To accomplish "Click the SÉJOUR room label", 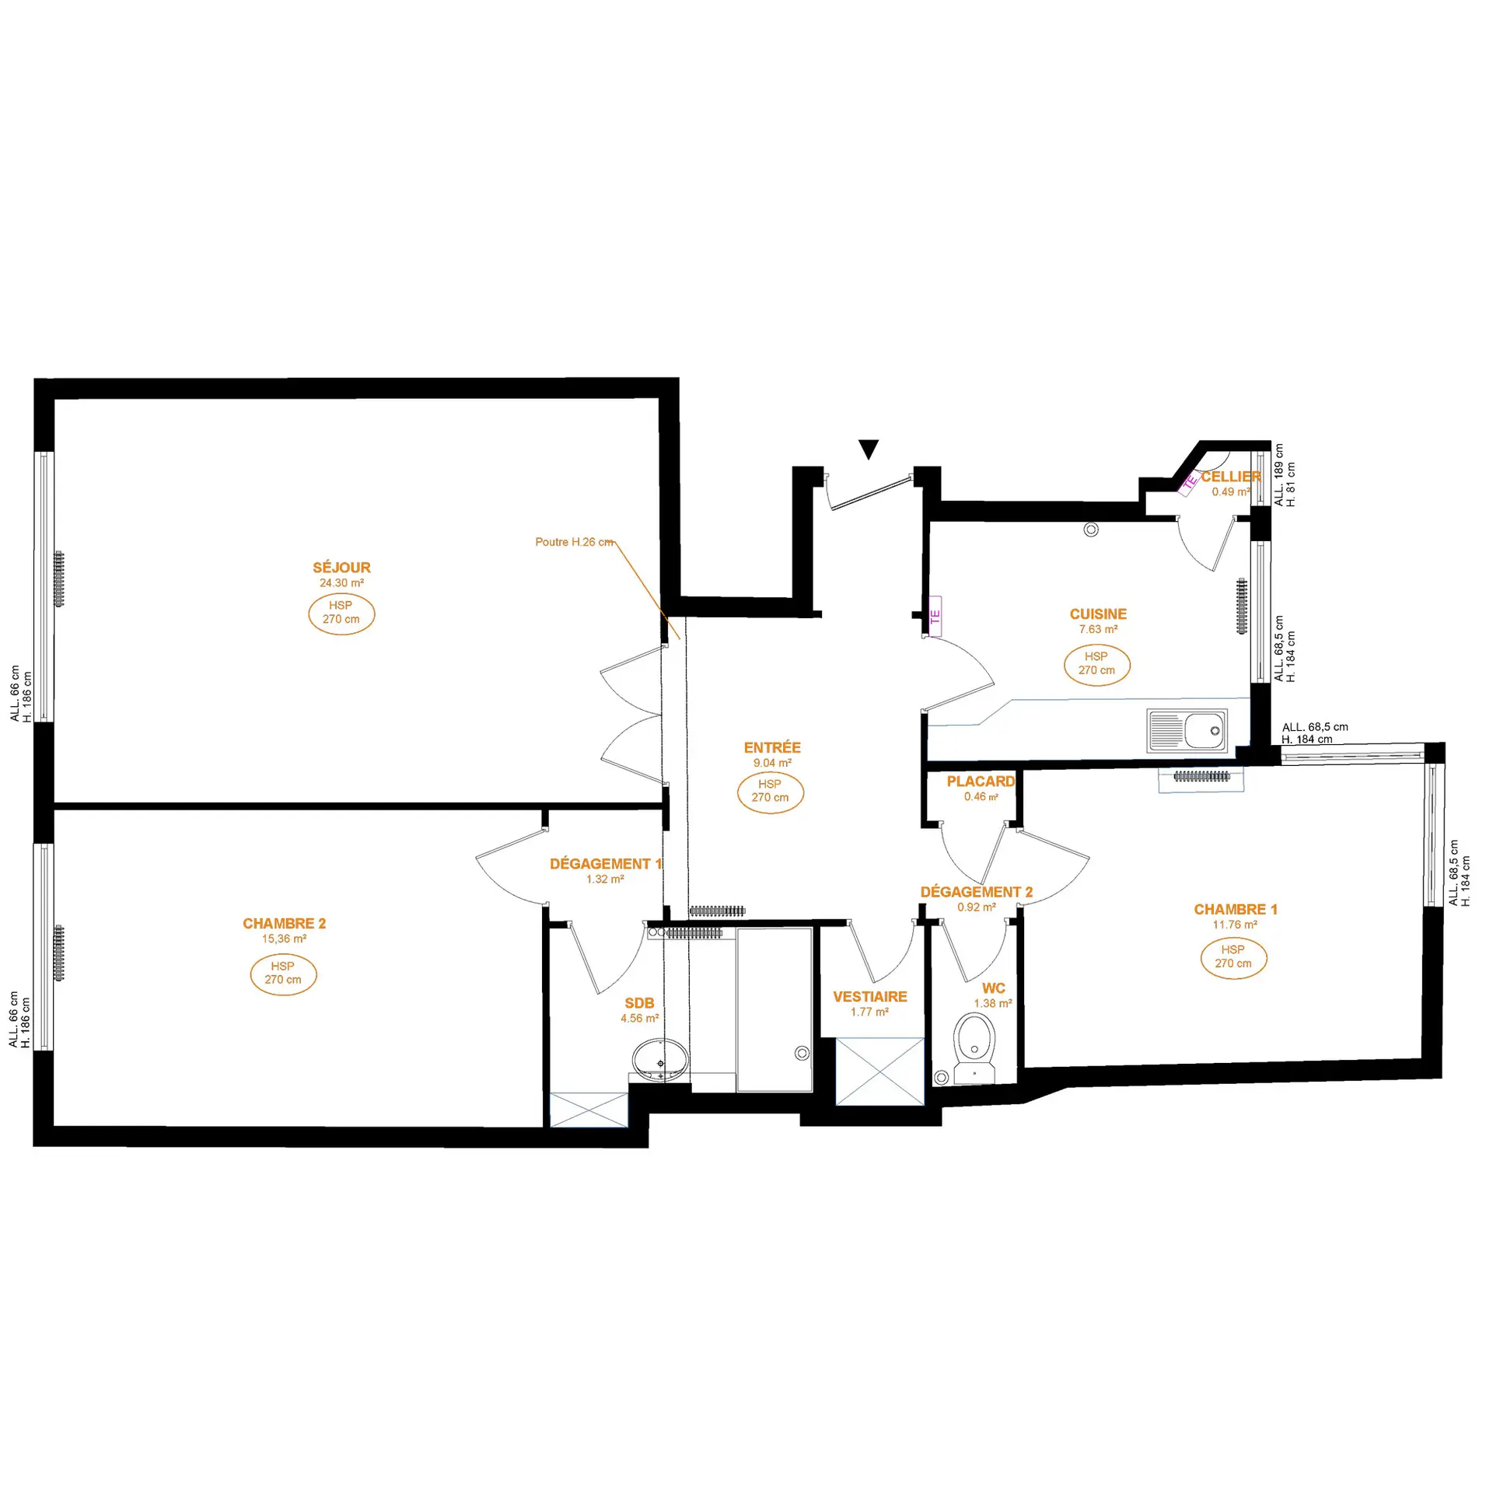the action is (341, 568).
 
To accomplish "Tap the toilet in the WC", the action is (974, 1048).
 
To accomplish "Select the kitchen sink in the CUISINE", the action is (1187, 730).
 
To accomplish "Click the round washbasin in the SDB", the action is (660, 1061).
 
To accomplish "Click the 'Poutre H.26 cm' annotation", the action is (575, 542).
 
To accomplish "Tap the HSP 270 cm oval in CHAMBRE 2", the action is (283, 973).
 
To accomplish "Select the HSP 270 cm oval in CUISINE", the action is (1096, 664).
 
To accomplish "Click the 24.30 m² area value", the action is (341, 583).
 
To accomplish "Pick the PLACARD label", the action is (981, 781).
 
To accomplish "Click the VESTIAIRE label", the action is (870, 997).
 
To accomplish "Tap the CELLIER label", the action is (1231, 477).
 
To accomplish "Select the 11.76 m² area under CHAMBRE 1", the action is (1235, 925).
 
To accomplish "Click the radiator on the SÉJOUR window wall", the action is (59, 579).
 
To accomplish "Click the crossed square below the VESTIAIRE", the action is (880, 1071).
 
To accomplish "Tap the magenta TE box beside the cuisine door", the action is (935, 616).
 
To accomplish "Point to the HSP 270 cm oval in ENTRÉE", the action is (770, 792).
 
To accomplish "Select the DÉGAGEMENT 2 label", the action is (977, 892).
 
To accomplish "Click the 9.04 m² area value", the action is (772, 763).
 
